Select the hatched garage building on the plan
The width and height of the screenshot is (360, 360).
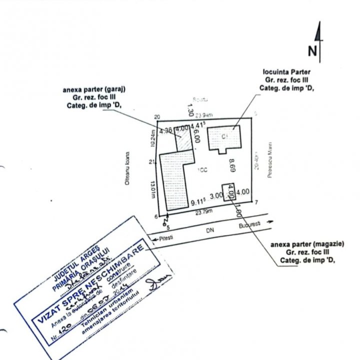tap(183, 138)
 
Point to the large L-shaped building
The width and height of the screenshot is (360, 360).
tap(174, 180)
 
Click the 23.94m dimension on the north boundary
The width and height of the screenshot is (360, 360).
tap(203, 115)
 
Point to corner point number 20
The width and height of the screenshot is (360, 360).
tap(157, 116)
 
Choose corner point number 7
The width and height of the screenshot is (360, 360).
tap(255, 202)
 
